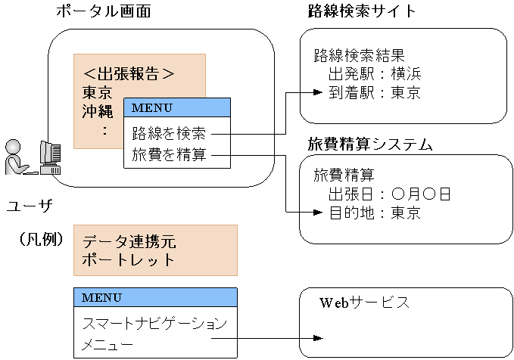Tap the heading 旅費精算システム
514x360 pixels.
(369, 144)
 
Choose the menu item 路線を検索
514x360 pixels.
(169, 135)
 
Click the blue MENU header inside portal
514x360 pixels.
(176, 107)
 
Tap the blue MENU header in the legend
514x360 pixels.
(155, 297)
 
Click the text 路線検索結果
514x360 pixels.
(359, 55)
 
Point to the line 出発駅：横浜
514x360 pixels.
(374, 74)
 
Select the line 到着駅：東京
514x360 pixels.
(374, 93)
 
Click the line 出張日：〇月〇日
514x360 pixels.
(389, 194)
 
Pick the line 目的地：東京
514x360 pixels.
(374, 213)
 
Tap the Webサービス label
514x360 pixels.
(364, 303)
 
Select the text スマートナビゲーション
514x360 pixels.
(154, 324)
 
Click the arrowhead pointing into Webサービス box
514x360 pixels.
(318, 338)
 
